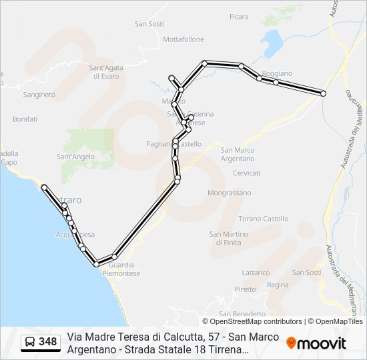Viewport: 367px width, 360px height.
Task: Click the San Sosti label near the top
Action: [x=149, y=24]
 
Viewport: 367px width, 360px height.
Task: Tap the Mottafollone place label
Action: [x=183, y=39]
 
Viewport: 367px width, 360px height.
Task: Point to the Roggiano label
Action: [x=277, y=73]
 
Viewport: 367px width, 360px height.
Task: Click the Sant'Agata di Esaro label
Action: [x=106, y=71]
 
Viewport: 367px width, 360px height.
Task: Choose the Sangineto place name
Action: [x=39, y=95]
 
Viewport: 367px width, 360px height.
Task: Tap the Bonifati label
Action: [x=25, y=119]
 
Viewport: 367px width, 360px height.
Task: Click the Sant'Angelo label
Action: [x=75, y=157]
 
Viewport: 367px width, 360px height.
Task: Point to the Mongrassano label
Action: [x=230, y=193]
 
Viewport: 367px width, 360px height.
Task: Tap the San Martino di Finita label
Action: [x=229, y=238]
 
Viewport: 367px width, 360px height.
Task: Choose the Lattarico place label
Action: [x=256, y=273]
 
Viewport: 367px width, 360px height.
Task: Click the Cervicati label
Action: [x=246, y=173]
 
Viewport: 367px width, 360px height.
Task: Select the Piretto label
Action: [x=245, y=289]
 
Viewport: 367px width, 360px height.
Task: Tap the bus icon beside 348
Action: [x=30, y=343]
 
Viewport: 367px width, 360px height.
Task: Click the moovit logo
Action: [x=316, y=343]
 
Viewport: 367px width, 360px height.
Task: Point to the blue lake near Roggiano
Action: [x=272, y=43]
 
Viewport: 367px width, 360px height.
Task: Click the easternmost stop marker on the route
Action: [x=324, y=93]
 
